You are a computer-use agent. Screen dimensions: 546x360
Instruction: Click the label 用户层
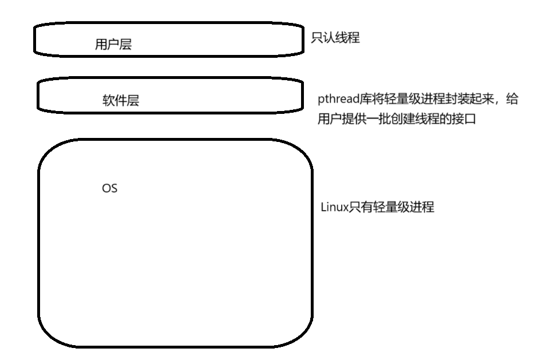click(x=113, y=45)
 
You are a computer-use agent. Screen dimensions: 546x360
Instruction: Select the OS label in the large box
click(x=109, y=188)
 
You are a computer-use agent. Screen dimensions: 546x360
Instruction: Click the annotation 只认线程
click(x=335, y=39)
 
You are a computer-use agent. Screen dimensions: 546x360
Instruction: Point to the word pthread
click(x=337, y=100)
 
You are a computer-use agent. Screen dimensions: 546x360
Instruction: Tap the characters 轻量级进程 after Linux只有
click(x=406, y=207)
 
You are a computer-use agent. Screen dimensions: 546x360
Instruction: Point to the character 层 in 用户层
click(x=126, y=45)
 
